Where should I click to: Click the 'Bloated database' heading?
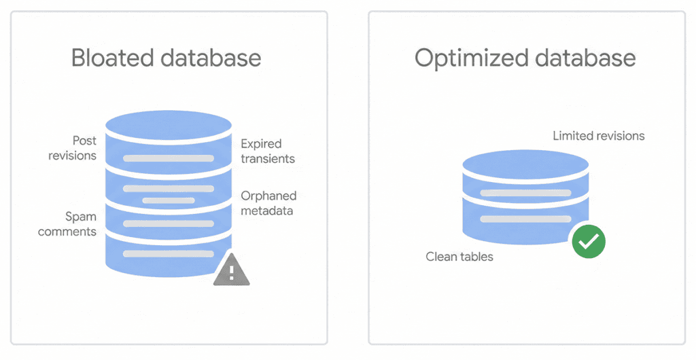[166, 58]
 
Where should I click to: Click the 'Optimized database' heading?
[525, 58]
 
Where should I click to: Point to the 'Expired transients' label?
[267, 151]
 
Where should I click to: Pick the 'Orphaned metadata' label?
[268, 203]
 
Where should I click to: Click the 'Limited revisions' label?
[598, 136]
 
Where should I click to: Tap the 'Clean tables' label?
[459, 257]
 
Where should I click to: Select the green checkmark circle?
[588, 241]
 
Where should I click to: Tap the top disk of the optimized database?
[525, 164]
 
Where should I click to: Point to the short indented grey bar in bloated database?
[169, 200]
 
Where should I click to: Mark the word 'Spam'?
[80, 217]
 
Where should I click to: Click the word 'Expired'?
[261, 144]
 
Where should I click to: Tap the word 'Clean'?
[441, 257]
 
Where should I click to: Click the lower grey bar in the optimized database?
[525, 219]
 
